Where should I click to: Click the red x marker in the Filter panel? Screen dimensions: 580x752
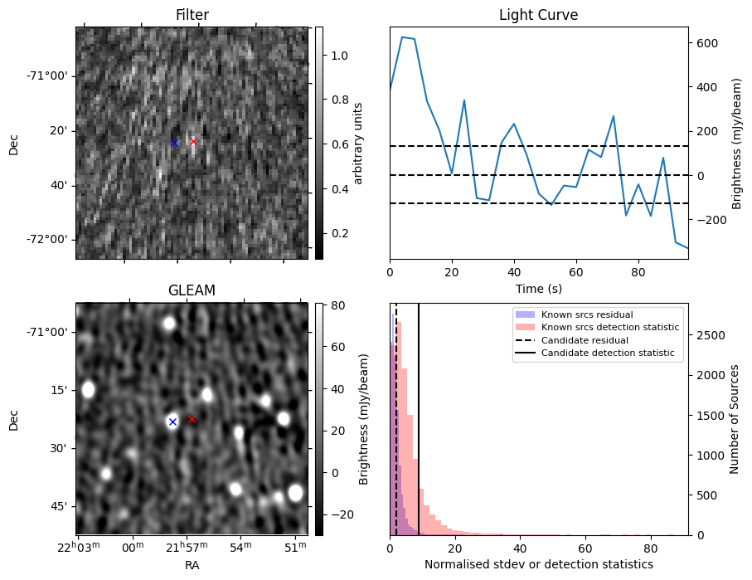[x=193, y=141]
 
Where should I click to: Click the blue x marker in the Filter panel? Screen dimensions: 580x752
[x=174, y=143]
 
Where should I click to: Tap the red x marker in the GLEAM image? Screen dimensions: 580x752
[x=192, y=420]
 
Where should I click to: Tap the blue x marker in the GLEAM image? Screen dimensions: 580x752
[x=172, y=422]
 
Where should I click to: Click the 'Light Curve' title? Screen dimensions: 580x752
[x=538, y=15]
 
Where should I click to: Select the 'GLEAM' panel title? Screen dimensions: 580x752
[x=192, y=290]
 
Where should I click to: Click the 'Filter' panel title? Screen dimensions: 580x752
[x=192, y=15]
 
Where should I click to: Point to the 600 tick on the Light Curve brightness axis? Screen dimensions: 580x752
[x=707, y=42]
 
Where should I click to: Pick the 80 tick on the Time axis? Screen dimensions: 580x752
[x=638, y=271]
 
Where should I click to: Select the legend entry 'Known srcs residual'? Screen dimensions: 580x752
[x=587, y=314]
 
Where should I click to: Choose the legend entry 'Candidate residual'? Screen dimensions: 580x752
[x=586, y=340]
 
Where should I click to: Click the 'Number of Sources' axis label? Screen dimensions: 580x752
[x=734, y=419]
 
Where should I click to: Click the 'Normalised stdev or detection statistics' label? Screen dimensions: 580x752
[x=538, y=564]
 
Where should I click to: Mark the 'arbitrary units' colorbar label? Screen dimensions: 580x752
[x=358, y=143]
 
